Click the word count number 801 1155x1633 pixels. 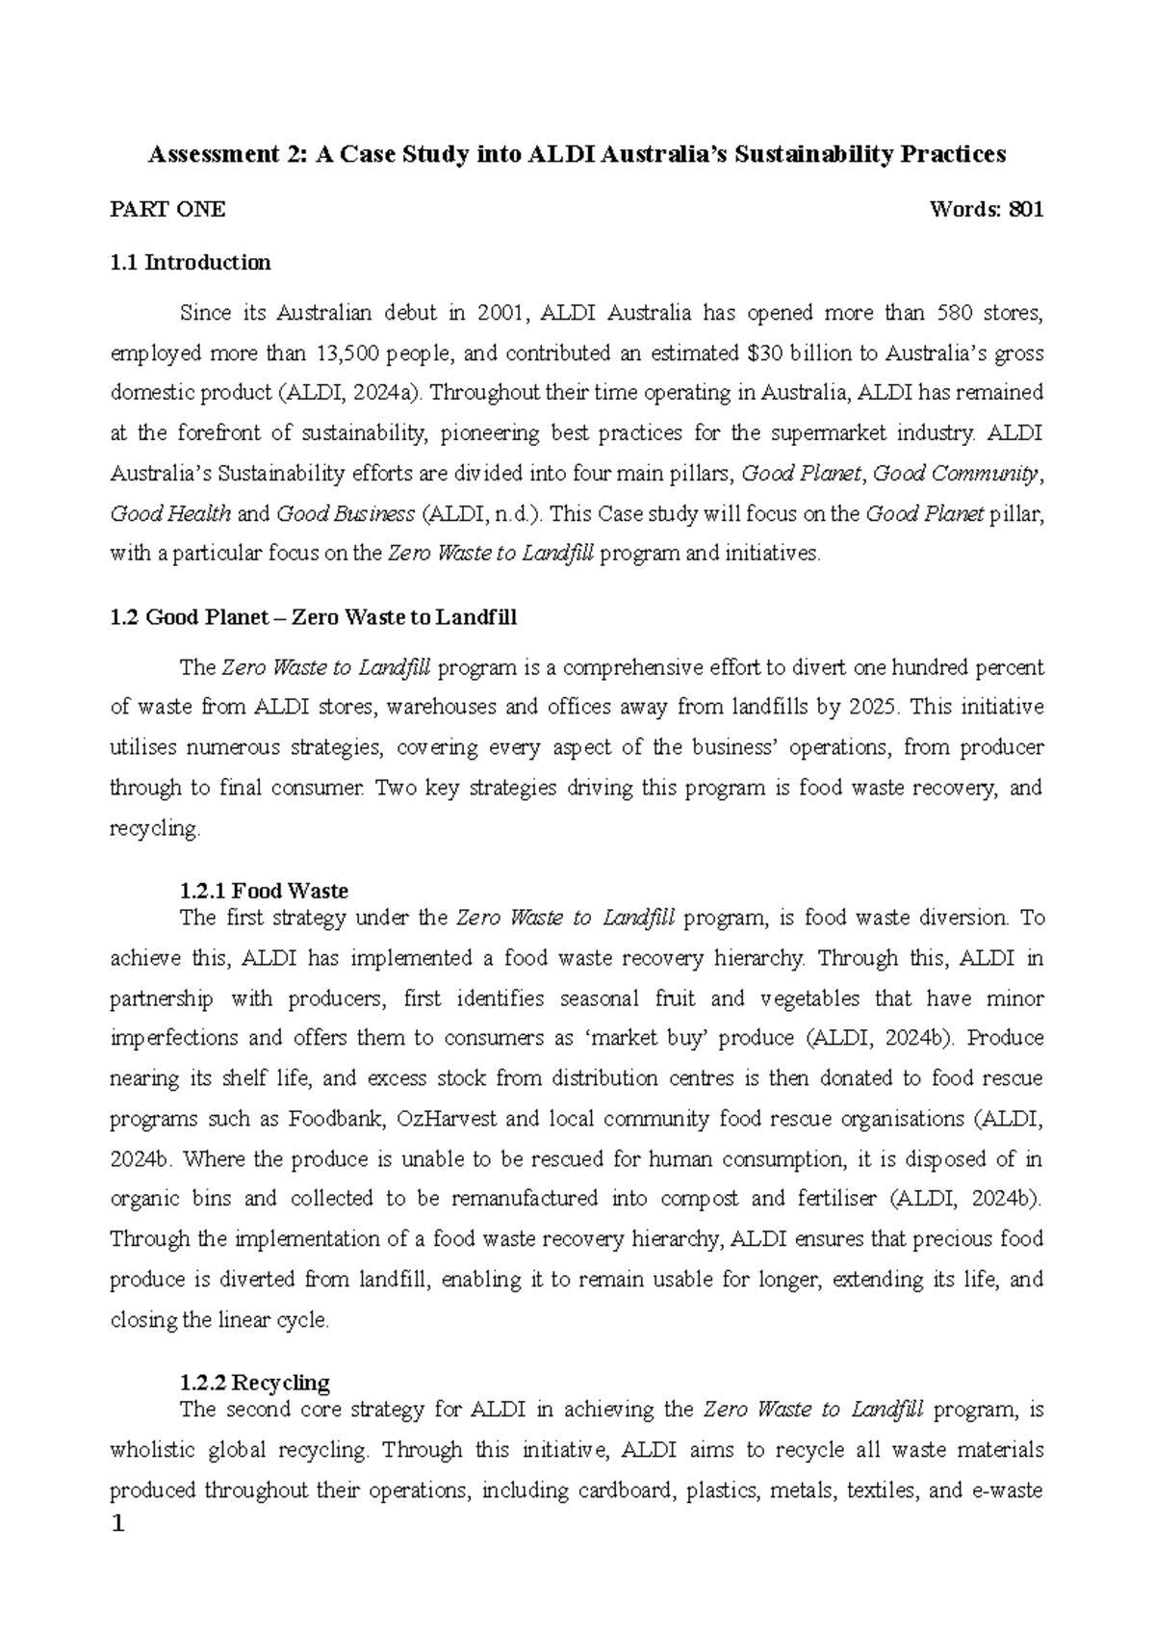pos(1024,210)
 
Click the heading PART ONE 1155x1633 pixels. pos(168,210)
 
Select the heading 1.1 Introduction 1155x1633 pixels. pos(191,262)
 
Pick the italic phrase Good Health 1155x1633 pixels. pos(170,513)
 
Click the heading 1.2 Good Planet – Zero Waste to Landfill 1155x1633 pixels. pos(314,617)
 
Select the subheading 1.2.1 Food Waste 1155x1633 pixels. pos(264,891)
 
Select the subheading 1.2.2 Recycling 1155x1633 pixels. pos(254,1384)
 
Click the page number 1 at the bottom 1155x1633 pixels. pos(118,1526)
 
